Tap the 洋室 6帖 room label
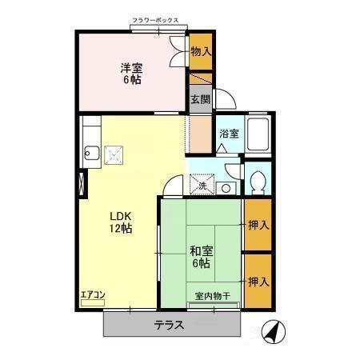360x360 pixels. tap(131, 74)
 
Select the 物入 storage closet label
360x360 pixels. tap(201, 52)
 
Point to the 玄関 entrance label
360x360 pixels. tap(200, 100)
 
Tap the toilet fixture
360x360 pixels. tap(258, 182)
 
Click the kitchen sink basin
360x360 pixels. tap(90, 153)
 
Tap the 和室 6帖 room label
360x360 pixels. tap(200, 255)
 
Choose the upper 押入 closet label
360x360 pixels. tap(258, 226)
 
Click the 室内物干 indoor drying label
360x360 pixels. tap(213, 296)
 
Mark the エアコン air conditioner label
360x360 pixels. tap(93, 295)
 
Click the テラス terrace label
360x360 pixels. tap(170, 326)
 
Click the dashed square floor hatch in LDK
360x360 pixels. tap(116, 153)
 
